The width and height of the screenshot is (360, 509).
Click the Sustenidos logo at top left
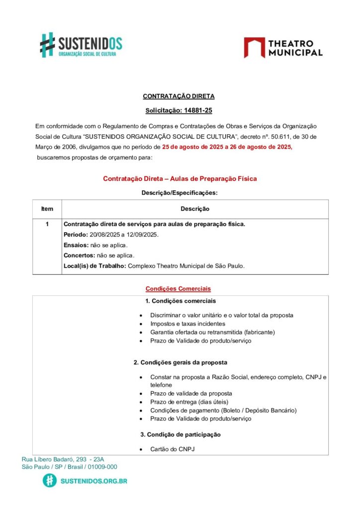click(x=81, y=45)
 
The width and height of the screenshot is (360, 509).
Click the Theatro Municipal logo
click(x=283, y=48)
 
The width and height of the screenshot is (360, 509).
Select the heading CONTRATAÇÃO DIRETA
click(x=179, y=96)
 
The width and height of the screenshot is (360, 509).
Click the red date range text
click(x=227, y=147)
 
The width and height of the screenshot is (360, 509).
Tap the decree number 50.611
click(x=265, y=137)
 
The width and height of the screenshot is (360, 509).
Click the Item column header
click(x=47, y=209)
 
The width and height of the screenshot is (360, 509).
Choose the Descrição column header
click(x=194, y=209)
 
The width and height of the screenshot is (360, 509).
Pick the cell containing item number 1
click(x=47, y=224)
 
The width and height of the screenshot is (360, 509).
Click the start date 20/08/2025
click(x=105, y=235)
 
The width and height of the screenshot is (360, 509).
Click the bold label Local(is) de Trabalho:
click(x=95, y=266)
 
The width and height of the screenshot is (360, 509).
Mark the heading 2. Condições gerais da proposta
click(x=180, y=363)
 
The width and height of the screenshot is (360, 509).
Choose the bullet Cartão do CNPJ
click(x=172, y=449)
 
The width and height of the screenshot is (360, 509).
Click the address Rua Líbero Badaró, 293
click(x=54, y=459)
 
